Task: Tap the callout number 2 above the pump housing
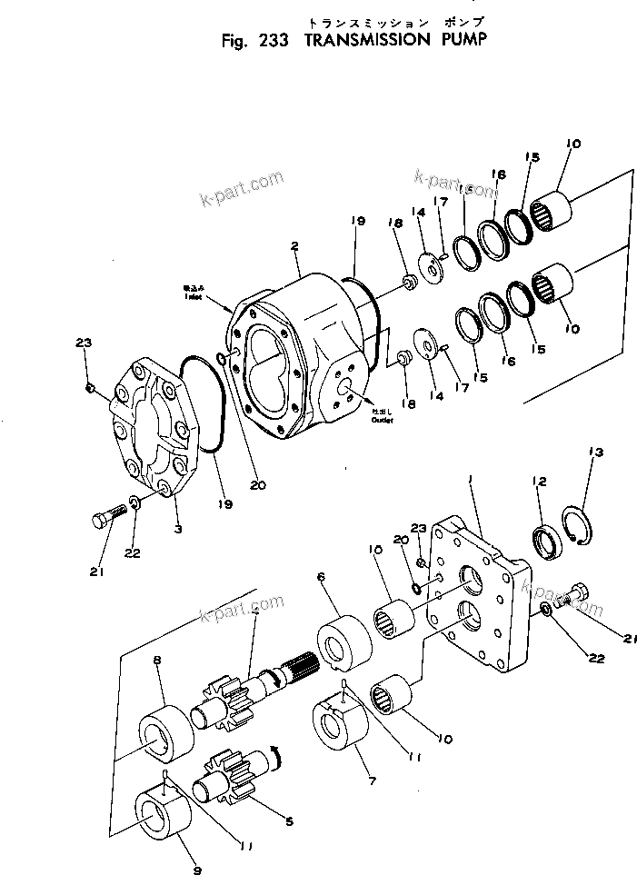(x=294, y=245)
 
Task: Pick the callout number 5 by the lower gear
(x=289, y=821)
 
